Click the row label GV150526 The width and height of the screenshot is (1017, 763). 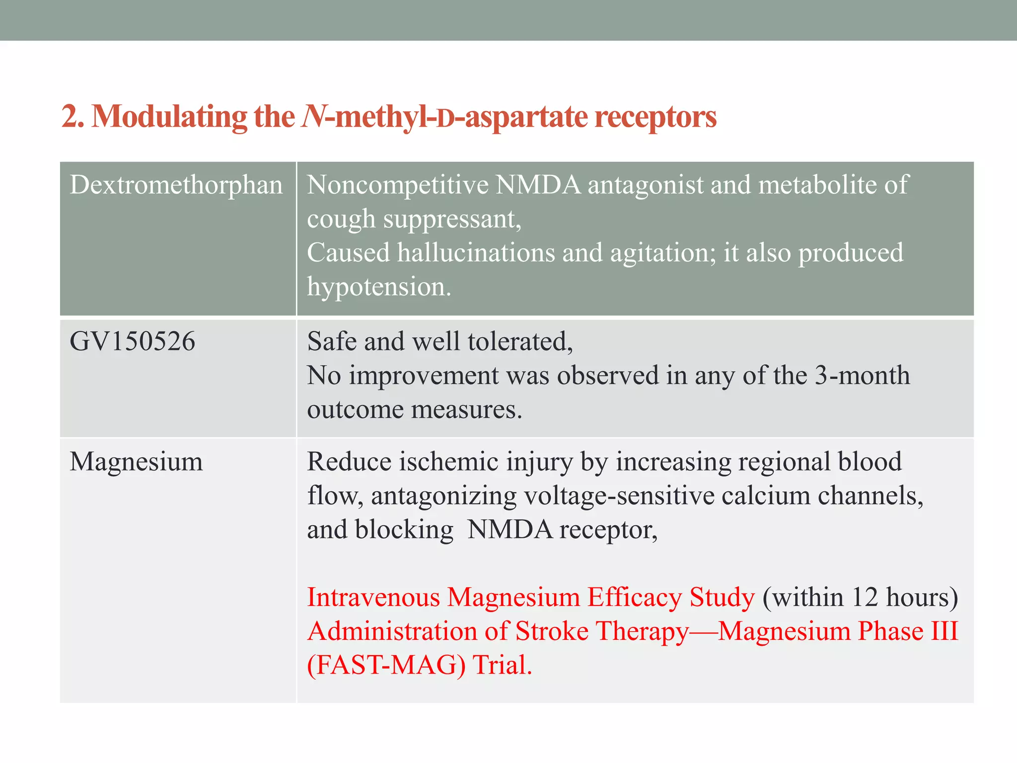tap(132, 342)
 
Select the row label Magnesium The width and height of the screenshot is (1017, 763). tap(136, 462)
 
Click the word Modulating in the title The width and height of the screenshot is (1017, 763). tap(169, 117)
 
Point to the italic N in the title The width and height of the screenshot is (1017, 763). tap(313, 117)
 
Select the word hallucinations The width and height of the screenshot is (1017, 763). tap(475, 253)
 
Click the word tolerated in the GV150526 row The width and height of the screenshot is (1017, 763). tap(520, 342)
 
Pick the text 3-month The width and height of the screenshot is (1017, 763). tap(862, 376)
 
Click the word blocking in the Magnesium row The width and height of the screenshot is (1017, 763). tap(404, 530)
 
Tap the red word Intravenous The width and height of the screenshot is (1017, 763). tap(373, 597)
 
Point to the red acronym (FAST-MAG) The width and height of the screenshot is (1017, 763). tap(386, 665)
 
